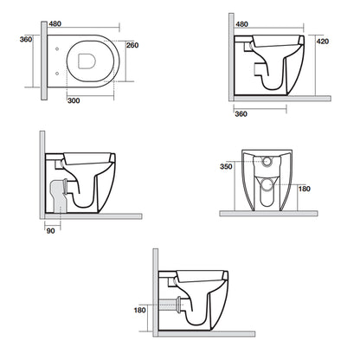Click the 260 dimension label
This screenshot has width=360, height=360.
coord(132,45)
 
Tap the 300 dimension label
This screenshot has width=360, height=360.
coord(74,100)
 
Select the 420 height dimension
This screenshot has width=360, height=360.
coord(323,42)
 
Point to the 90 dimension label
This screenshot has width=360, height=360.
coord(50,231)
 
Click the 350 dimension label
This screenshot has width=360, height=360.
coord(226,166)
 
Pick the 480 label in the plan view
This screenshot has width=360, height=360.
coord(55,23)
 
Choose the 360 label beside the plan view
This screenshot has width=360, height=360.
coord(26,39)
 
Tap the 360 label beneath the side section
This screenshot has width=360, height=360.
coord(241,114)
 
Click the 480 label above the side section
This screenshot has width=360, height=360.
coord(241,24)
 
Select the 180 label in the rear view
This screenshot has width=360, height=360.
coord(304,189)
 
